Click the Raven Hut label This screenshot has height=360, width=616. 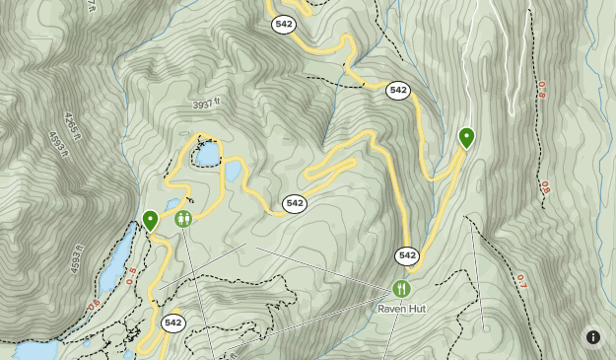(x=402, y=308)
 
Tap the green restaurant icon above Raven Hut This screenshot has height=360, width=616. (x=401, y=289)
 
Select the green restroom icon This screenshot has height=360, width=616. (x=182, y=219)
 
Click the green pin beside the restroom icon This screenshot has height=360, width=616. (x=150, y=220)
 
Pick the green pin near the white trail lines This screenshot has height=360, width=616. (x=466, y=137)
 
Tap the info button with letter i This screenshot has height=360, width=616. (x=593, y=336)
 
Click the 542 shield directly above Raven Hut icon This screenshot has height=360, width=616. (x=407, y=255)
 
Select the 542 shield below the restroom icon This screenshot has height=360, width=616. (x=173, y=323)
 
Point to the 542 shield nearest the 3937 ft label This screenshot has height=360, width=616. (x=294, y=203)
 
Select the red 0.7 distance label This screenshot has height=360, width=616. (x=521, y=280)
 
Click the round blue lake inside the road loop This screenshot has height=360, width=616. (x=208, y=155)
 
